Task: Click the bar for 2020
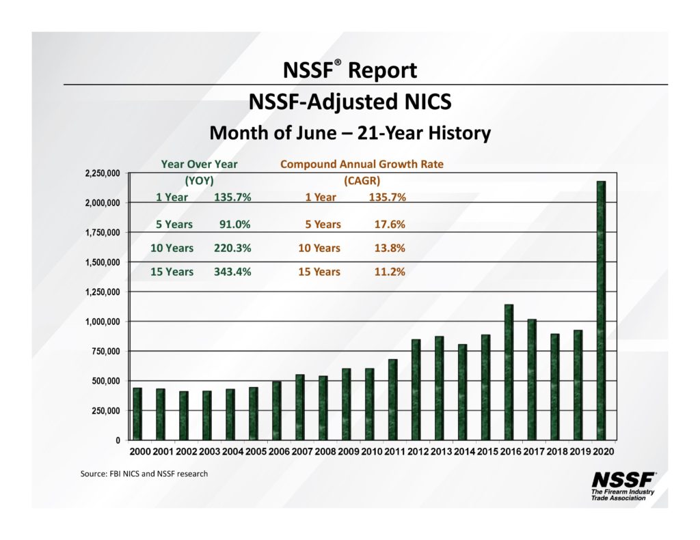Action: (601, 310)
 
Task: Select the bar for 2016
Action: (508, 372)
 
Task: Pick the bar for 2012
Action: (416, 389)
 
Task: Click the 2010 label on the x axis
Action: (372, 452)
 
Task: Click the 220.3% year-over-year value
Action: (232, 248)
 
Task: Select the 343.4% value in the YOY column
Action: (232, 272)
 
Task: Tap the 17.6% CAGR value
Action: (390, 224)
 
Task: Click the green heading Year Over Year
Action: (199, 164)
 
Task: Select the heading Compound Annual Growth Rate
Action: (362, 164)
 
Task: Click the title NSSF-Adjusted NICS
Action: (349, 102)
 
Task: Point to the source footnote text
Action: (144, 474)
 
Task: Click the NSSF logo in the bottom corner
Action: (623, 485)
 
